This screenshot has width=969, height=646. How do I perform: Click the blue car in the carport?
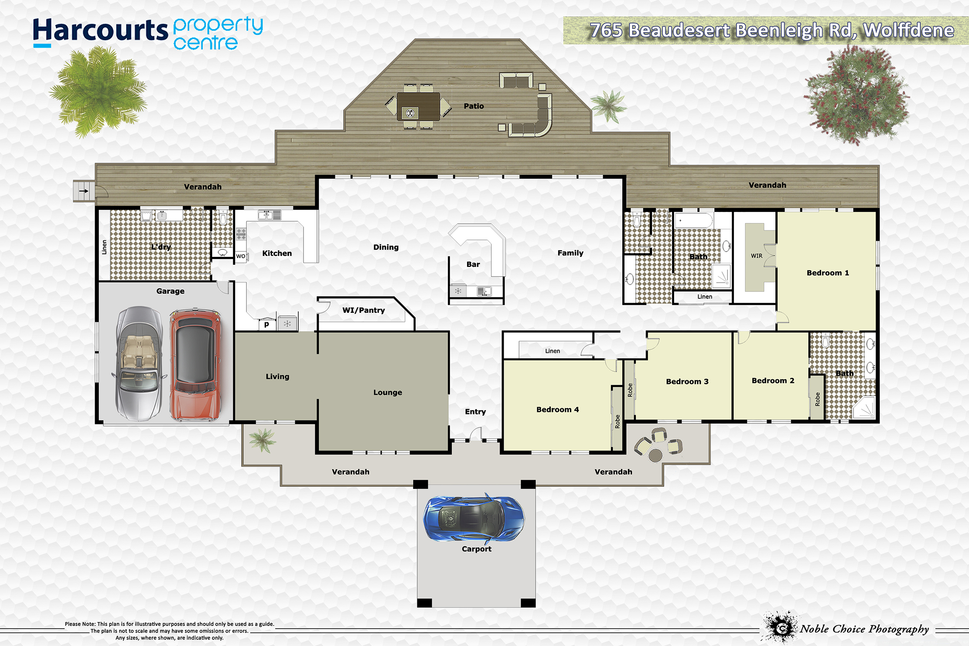[474, 518]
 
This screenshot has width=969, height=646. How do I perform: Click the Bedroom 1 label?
[828, 273]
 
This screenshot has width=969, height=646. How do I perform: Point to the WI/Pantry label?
[364, 310]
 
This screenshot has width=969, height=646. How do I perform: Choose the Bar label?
[473, 264]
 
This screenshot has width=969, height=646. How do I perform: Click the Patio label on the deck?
[474, 106]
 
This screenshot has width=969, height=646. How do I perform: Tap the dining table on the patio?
[418, 106]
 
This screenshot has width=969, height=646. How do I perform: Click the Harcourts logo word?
[100, 31]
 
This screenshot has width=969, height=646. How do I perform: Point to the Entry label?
[475, 412]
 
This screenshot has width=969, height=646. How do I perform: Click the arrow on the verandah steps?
[84, 191]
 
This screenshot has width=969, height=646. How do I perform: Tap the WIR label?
[757, 256]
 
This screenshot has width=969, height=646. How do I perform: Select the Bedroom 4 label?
[558, 410]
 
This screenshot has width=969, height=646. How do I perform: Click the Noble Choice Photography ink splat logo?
[781, 627]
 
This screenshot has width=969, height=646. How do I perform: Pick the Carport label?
[477, 549]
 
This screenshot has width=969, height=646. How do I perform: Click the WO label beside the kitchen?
[241, 256]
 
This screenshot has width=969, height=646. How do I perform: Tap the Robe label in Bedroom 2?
[817, 399]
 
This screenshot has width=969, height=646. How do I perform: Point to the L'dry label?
[161, 247]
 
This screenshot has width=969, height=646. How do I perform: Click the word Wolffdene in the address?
[908, 31]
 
